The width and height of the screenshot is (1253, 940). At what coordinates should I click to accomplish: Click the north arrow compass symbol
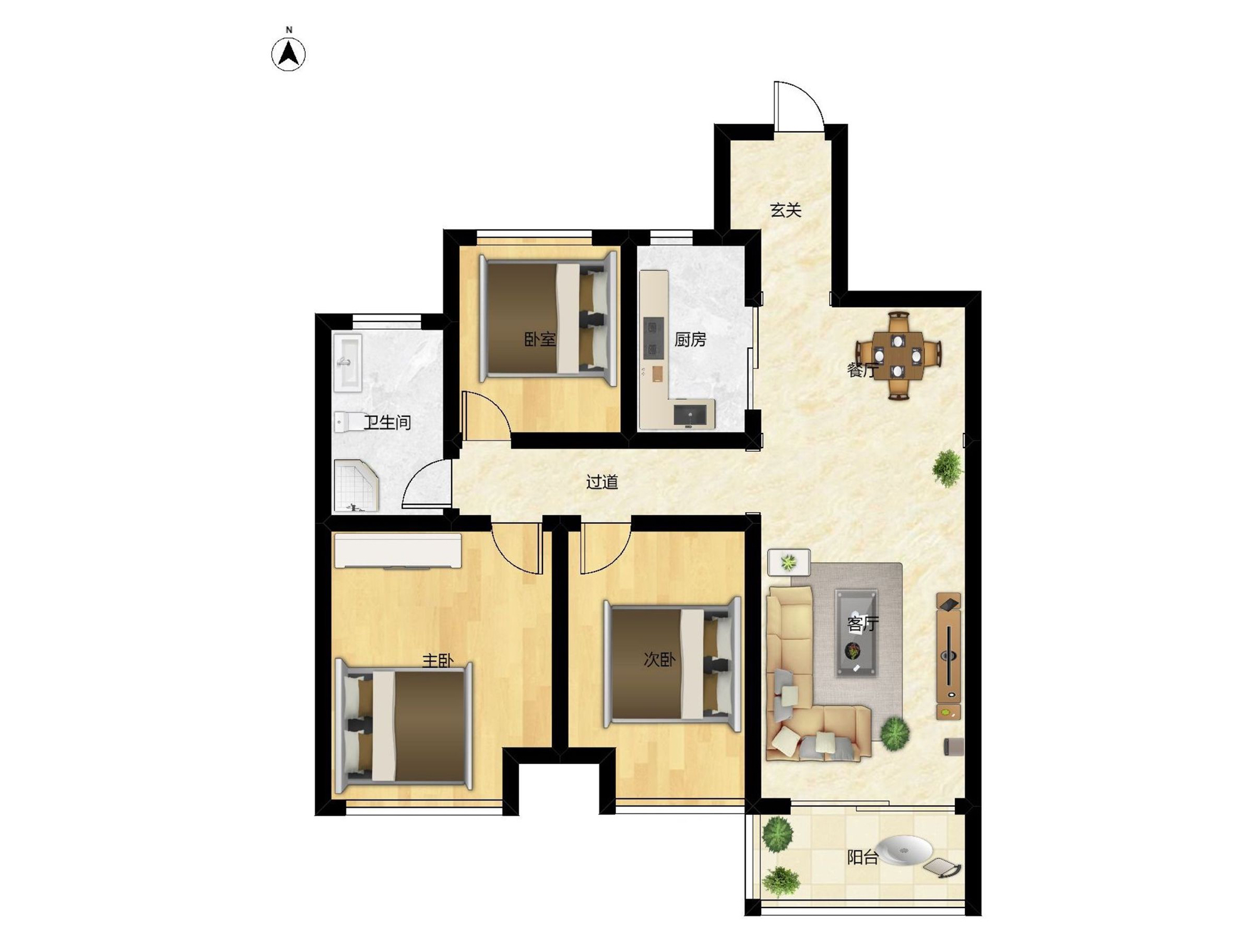click(x=288, y=53)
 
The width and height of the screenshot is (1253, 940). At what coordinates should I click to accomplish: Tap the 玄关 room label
click(x=786, y=210)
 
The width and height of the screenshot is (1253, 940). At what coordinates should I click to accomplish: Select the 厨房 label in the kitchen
click(x=690, y=340)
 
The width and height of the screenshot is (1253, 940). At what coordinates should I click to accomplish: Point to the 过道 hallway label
click(x=602, y=481)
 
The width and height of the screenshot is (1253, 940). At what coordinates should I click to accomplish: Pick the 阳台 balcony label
click(x=863, y=857)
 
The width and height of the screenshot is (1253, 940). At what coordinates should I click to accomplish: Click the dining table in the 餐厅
click(x=898, y=356)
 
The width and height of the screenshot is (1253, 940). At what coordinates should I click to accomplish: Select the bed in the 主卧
click(x=404, y=725)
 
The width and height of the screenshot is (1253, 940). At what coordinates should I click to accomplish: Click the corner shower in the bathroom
click(x=356, y=486)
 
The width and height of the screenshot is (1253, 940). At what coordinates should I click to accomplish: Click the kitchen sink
click(x=690, y=414)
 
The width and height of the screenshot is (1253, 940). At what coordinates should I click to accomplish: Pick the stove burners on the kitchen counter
click(x=653, y=338)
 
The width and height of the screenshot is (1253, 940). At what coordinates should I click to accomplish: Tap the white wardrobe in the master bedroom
click(x=398, y=551)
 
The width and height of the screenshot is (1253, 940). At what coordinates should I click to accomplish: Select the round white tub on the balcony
click(x=904, y=850)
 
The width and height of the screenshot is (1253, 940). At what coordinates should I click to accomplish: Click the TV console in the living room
click(x=949, y=655)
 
